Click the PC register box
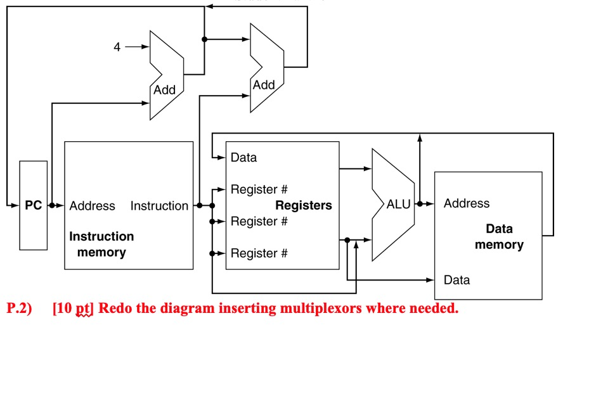tap(33, 205)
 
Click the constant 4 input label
tap(117, 47)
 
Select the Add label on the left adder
tap(164, 90)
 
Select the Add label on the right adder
tap(264, 85)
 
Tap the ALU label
tap(399, 205)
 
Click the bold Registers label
tap(303, 205)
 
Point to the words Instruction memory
tap(101, 244)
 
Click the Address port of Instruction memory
tap(92, 206)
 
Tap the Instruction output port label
tap(159, 206)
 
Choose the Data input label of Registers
tap(243, 157)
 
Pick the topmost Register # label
tap(259, 189)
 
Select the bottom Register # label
tap(259, 253)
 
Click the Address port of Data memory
tap(467, 203)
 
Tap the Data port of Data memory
tap(456, 279)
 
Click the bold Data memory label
tap(499, 236)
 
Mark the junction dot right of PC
tap(51, 205)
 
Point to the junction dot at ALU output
tap(420, 204)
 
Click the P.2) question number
tap(18, 309)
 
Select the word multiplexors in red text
tap(321, 309)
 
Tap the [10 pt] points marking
tap(74, 309)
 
